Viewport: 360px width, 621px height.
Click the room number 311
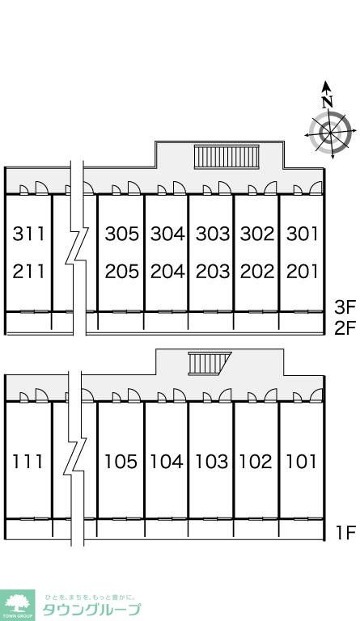click(x=28, y=234)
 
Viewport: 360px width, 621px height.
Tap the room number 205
click(x=122, y=272)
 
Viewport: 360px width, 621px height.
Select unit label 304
click(x=167, y=234)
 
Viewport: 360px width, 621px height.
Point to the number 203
click(x=213, y=272)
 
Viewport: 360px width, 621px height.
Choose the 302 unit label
click(x=257, y=234)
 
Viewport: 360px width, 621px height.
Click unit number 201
click(x=303, y=272)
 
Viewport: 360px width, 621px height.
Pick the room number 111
click(x=28, y=462)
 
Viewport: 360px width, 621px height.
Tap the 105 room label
click(x=121, y=462)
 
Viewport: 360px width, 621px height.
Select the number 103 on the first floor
click(x=212, y=462)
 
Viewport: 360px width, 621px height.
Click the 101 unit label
click(x=302, y=462)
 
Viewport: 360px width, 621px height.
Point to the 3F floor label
click(x=345, y=307)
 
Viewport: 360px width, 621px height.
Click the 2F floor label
click(x=345, y=327)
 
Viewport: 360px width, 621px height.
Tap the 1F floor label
click(x=346, y=533)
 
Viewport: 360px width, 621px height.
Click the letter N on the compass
click(x=327, y=102)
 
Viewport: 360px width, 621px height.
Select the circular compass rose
click(x=330, y=133)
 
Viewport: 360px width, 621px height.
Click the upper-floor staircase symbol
click(x=227, y=157)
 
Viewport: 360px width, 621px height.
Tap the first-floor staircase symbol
click(x=209, y=363)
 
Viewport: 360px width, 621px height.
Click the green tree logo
click(x=17, y=605)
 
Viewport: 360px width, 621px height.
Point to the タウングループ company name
click(x=91, y=610)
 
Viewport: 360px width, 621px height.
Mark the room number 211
click(x=28, y=272)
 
